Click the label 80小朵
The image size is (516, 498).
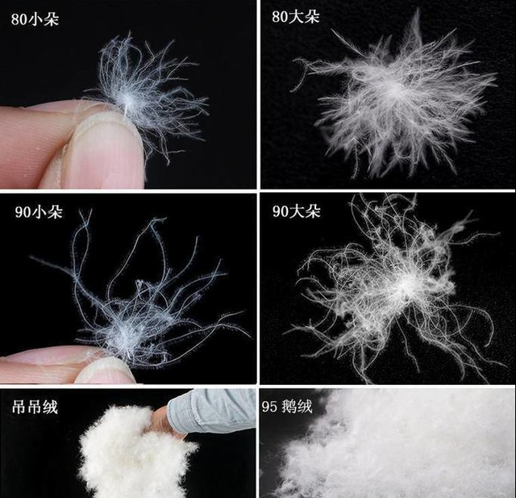[35, 19]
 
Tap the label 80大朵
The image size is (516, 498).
[296, 17]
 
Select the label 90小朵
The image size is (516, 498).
[39, 211]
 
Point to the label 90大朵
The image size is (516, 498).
[296, 211]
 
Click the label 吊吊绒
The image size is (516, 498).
[35, 407]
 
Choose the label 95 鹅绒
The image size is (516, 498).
[287, 407]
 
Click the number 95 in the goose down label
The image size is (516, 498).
[270, 407]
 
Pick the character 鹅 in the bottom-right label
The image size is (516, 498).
[289, 407]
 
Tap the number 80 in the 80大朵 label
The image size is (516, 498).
[280, 17]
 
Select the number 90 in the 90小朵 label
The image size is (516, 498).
[23, 212]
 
